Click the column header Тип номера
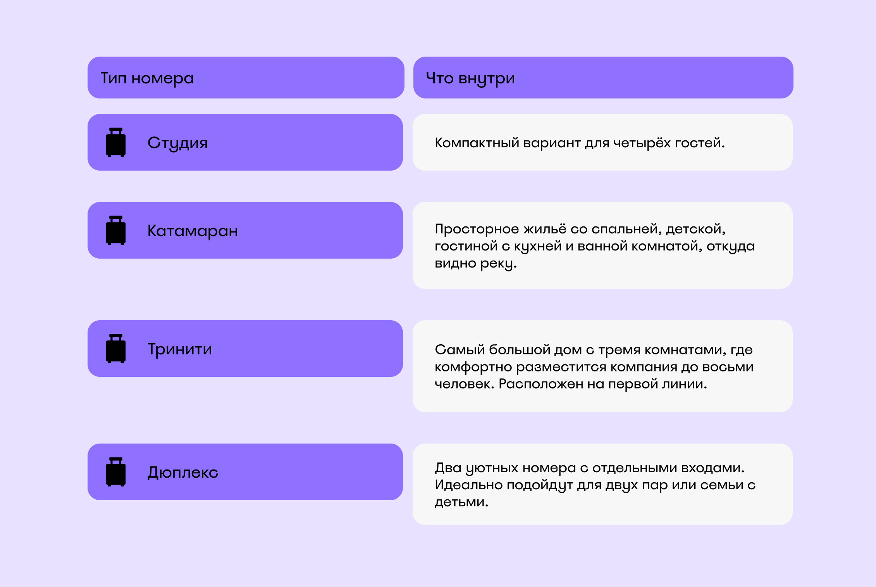[147, 78]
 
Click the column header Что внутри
[470, 79]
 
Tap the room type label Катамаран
[193, 231]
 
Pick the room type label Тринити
[180, 349]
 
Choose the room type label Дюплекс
[183, 473]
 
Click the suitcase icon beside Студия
[116, 142]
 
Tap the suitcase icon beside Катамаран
[116, 230]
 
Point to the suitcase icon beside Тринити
[116, 349]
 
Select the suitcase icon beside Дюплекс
[116, 472]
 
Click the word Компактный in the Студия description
[477, 143]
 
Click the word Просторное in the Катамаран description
[477, 229]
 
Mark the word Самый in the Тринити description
[460, 350]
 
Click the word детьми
[461, 502]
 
